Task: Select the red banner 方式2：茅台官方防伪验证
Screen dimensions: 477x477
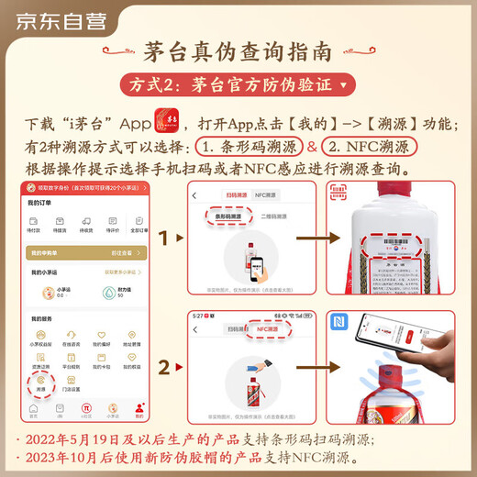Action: (238, 86)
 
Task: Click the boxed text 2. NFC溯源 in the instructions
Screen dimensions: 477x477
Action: (370, 147)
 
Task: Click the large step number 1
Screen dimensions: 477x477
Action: (166, 239)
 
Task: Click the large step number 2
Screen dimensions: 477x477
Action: (166, 367)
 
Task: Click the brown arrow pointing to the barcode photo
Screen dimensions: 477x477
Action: (308, 240)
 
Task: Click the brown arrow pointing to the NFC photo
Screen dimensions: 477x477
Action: (308, 367)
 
